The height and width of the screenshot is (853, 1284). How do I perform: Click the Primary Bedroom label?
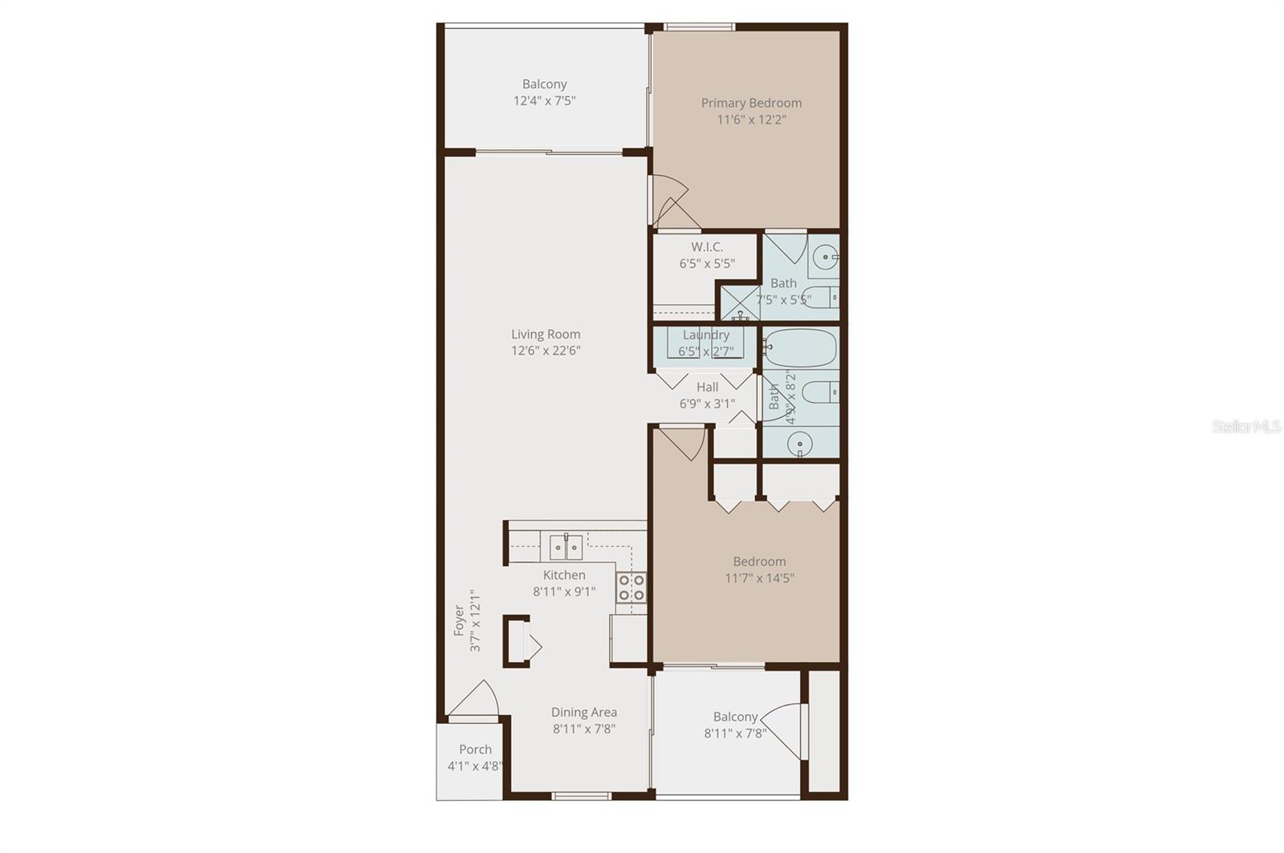click(751, 103)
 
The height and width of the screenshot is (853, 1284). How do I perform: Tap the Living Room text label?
click(546, 334)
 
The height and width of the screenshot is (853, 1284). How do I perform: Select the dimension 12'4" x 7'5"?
click(545, 101)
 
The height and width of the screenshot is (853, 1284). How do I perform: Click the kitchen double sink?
click(567, 546)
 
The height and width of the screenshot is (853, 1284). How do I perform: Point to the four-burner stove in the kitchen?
click(632, 587)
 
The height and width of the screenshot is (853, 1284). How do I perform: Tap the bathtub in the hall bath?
click(800, 347)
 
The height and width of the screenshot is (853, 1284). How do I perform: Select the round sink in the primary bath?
click(824, 258)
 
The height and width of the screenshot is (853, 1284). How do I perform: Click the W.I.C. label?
click(707, 247)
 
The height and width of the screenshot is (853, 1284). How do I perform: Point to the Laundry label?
click(706, 335)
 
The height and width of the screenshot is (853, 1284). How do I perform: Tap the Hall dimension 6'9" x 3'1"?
click(707, 404)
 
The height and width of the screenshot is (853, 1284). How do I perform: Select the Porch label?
click(475, 749)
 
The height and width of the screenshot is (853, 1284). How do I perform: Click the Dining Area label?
click(584, 712)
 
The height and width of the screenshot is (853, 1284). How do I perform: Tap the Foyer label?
click(459, 620)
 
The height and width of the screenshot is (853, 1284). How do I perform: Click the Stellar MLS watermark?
click(1246, 428)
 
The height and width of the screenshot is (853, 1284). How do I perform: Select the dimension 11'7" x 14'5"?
click(759, 578)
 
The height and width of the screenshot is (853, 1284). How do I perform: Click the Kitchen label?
click(564, 575)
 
